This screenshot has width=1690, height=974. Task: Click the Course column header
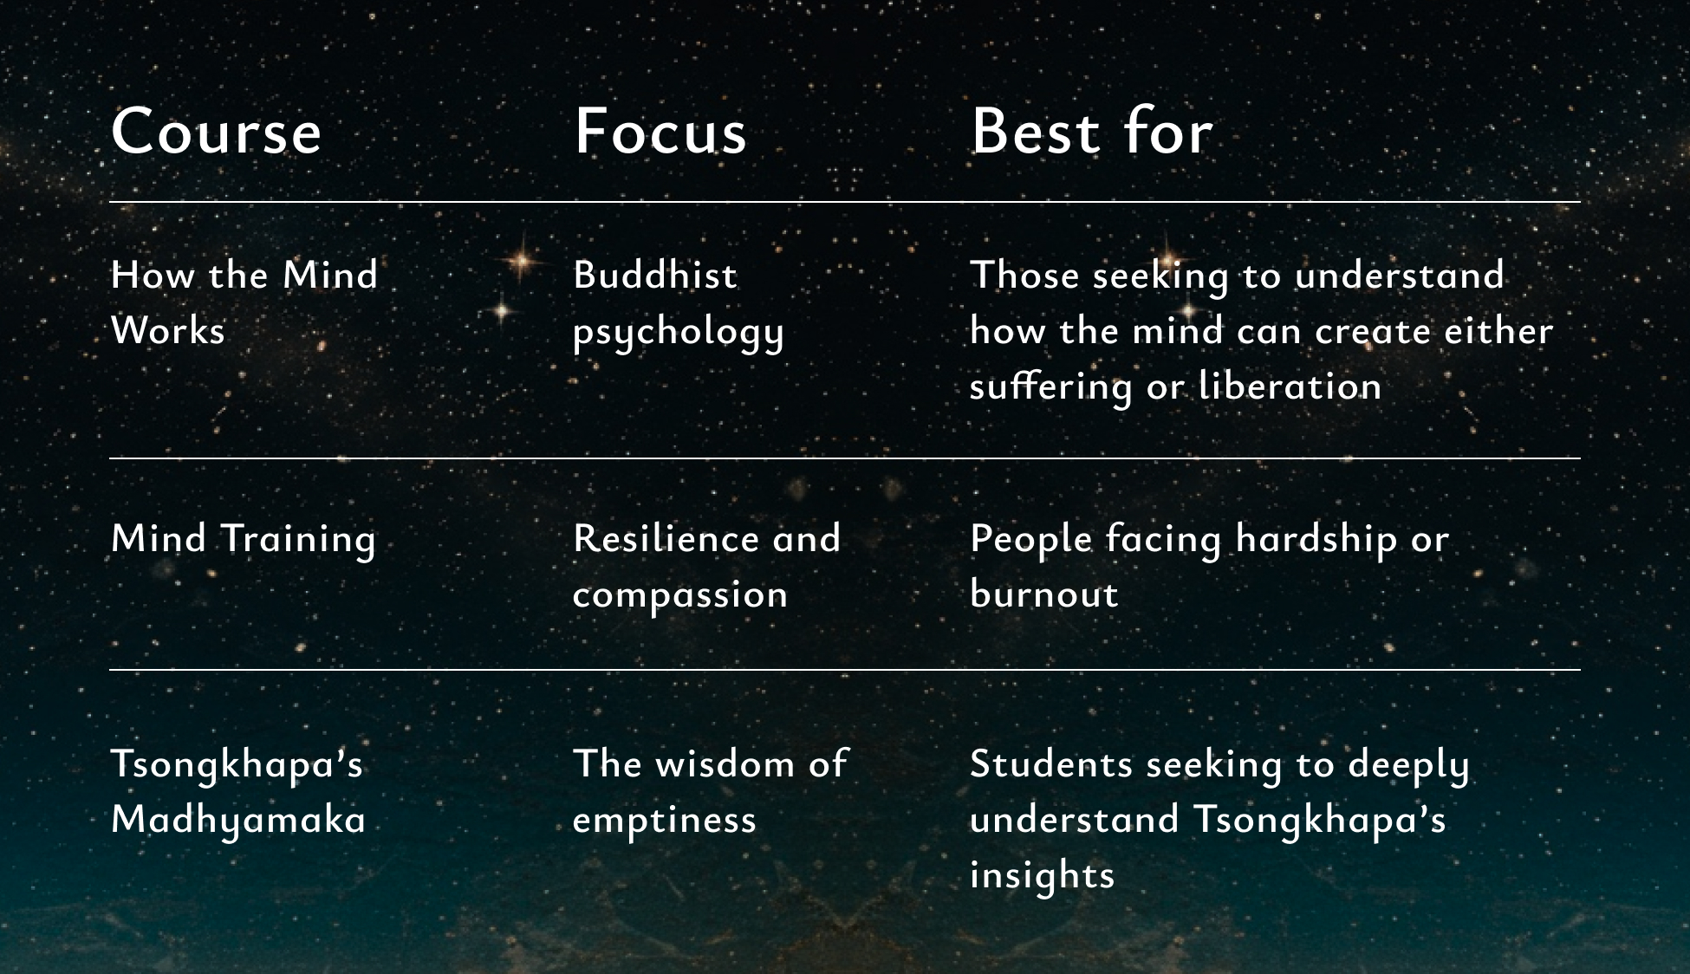tap(216, 132)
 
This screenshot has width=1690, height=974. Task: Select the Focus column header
tap(660, 132)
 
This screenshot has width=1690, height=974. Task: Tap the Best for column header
tap(1091, 132)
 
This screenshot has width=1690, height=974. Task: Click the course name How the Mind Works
tap(244, 302)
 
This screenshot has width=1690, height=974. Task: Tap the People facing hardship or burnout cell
tap(1209, 566)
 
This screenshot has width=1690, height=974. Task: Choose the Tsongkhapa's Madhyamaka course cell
tap(238, 793)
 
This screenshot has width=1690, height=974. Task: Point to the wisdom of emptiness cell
tap(710, 793)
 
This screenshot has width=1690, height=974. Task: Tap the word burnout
tap(1044, 594)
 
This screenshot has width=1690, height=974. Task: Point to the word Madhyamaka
tap(238, 820)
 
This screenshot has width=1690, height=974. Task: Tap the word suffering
tap(1050, 387)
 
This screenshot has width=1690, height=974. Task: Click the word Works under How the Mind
tap(168, 330)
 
